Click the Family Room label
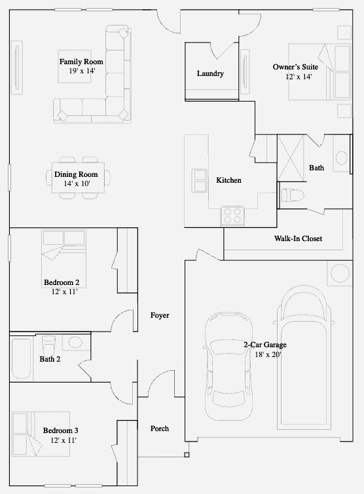(x=81, y=62)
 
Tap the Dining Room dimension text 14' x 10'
(x=77, y=183)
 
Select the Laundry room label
(x=210, y=73)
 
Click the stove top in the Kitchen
(x=232, y=216)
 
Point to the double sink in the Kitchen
(x=199, y=181)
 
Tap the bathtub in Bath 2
(x=22, y=358)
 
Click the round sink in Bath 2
(x=75, y=342)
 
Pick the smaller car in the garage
(x=229, y=366)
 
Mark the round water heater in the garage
(x=340, y=273)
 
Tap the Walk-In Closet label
(x=298, y=238)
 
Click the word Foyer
(x=160, y=315)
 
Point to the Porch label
(x=160, y=428)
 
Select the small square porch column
(x=187, y=455)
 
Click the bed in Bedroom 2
(x=64, y=259)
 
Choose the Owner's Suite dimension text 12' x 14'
(x=299, y=77)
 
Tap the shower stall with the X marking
(x=291, y=158)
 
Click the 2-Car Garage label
(x=265, y=345)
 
